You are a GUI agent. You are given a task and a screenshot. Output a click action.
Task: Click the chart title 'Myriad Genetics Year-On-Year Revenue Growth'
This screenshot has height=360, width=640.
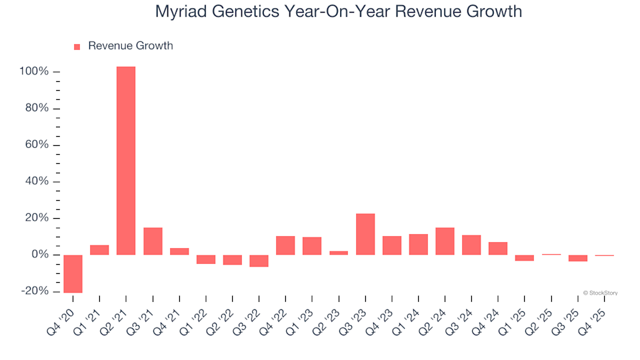[338, 11]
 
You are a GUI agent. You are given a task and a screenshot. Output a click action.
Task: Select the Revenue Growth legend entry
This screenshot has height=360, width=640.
[123, 46]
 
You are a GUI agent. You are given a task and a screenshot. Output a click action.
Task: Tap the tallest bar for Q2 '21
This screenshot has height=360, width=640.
[126, 161]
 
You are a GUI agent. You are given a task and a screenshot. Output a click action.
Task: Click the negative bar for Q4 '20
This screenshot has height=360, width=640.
[73, 273]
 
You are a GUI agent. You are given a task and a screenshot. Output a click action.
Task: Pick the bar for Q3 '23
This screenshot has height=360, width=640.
[365, 234]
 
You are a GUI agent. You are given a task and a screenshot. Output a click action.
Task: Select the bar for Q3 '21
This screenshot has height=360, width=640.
[153, 241]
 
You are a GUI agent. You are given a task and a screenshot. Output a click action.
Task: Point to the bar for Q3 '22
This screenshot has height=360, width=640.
[259, 261]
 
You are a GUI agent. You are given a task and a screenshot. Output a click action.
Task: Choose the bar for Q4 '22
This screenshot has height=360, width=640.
[285, 245]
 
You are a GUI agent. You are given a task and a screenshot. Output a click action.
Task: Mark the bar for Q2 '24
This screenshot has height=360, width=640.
[445, 241]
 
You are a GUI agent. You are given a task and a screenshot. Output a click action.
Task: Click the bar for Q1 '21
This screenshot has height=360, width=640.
[99, 250]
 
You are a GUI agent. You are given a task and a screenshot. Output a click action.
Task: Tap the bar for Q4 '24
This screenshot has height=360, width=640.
[498, 248]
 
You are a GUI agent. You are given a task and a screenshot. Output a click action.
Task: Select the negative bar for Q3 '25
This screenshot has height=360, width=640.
[578, 258]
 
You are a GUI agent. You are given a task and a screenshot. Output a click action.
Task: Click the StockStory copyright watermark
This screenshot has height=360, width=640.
[600, 293]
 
